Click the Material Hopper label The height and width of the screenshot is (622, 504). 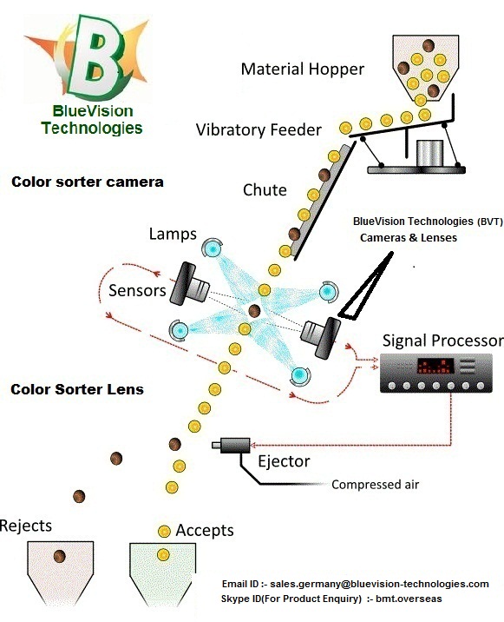pos(303,69)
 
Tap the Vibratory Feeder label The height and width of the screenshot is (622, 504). pos(259,130)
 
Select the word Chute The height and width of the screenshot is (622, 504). pos(265,190)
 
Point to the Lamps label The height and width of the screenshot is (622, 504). pos(173,234)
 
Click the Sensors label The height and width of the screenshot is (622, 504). pos(137,290)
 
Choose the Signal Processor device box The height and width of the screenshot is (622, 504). pos(435,374)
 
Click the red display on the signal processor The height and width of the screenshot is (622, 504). pos(435,366)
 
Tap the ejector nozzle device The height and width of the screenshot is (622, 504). pos(232,446)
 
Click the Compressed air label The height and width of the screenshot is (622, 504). pos(376,485)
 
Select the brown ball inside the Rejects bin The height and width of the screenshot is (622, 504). pos(60,556)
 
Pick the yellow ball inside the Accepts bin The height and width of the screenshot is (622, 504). pos(163,554)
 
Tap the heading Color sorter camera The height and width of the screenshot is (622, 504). pos(88,182)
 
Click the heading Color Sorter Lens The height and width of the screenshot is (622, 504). pos(77,389)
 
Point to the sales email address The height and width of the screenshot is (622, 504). pos(379,584)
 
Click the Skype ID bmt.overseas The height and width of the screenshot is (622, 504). pos(409,599)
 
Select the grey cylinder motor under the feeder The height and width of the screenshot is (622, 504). pos(429,153)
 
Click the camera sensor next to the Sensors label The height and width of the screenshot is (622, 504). pos(190,283)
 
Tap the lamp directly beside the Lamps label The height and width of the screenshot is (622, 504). pos(213,248)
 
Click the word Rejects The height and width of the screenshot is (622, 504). pos(26,526)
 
